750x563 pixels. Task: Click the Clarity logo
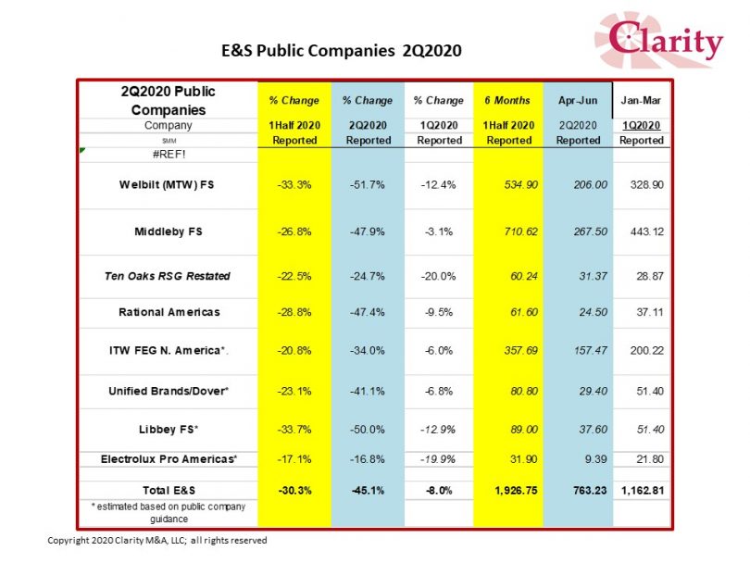658,40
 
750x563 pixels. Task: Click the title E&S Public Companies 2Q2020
342,50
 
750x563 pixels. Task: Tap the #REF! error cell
169,155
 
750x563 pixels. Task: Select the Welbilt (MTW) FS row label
167,184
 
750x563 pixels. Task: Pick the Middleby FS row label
169,231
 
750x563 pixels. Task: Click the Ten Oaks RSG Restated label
168,276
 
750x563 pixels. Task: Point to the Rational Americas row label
169,312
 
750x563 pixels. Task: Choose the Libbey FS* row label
169,430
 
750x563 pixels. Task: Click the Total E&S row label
169,490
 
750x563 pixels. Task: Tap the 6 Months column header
507,100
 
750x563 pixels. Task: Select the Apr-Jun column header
578,100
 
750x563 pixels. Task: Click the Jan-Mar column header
641,100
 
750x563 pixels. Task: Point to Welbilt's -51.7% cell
368,184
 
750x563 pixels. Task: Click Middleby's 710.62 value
521,231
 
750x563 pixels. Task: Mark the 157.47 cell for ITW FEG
591,351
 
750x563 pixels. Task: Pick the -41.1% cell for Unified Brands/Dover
368,392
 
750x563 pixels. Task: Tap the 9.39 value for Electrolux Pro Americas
595,459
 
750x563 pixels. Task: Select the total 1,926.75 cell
516,490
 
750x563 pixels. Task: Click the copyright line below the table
156,541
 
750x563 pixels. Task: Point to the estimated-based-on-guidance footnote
169,513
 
